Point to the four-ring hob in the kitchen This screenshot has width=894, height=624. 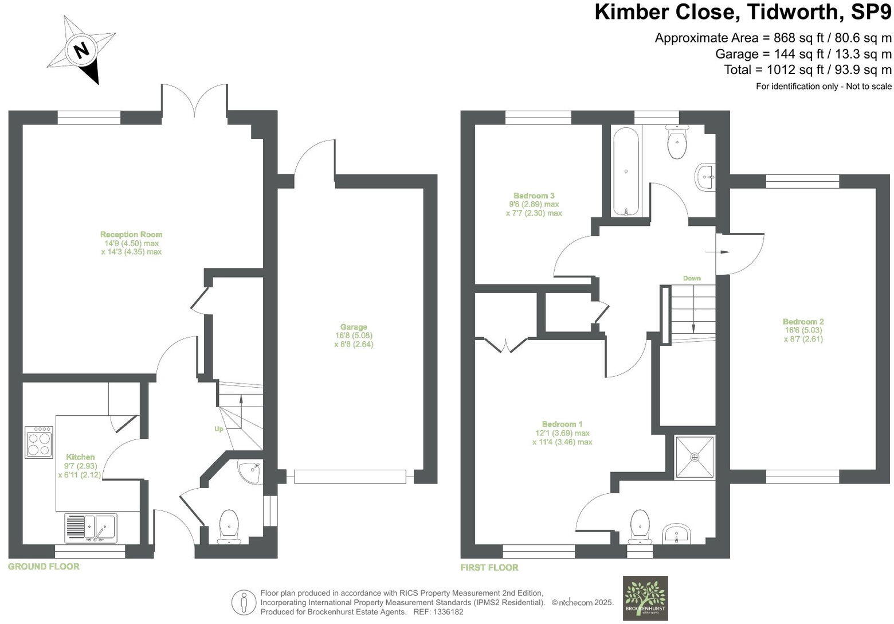click(40, 442)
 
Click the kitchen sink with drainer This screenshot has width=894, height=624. click(91, 528)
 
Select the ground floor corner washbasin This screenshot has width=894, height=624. click(251, 472)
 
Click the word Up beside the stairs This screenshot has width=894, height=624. click(219, 429)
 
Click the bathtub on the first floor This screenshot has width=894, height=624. click(626, 171)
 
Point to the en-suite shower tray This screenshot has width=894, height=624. click(695, 457)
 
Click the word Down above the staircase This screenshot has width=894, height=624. click(692, 278)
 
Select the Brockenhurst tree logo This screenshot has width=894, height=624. click(645, 598)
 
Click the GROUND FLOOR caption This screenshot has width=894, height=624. click(44, 567)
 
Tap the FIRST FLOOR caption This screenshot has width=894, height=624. click(489, 568)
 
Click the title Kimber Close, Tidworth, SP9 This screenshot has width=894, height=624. click(743, 11)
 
